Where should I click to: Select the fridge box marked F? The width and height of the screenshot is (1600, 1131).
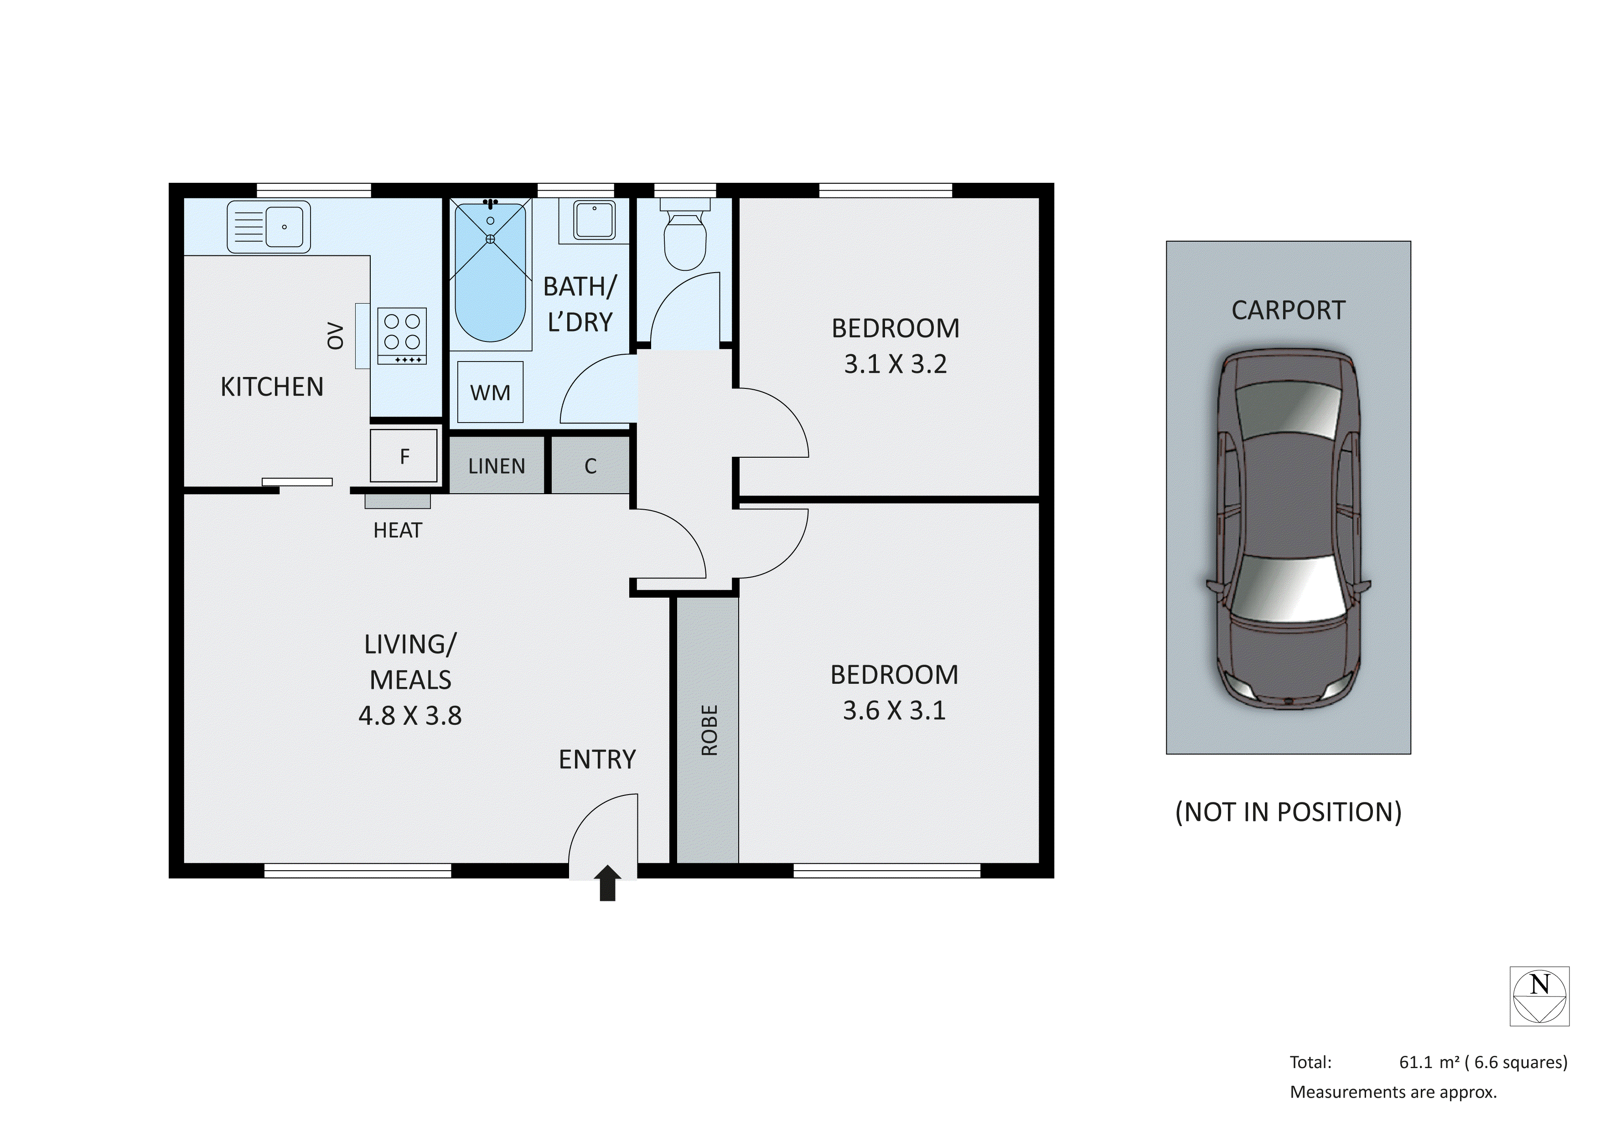pyautogui.click(x=404, y=456)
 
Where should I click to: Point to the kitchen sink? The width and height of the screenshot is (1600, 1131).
pyautogui.click(x=269, y=227)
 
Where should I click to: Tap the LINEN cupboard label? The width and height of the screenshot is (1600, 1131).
pyautogui.click(x=496, y=466)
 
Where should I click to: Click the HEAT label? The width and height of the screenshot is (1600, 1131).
pyautogui.click(x=397, y=530)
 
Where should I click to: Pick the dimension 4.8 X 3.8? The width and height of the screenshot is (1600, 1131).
pyautogui.click(x=410, y=716)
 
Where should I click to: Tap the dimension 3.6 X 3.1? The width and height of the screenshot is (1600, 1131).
pyautogui.click(x=894, y=710)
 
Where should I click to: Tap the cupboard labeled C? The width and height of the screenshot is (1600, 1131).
pyautogui.click(x=590, y=466)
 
